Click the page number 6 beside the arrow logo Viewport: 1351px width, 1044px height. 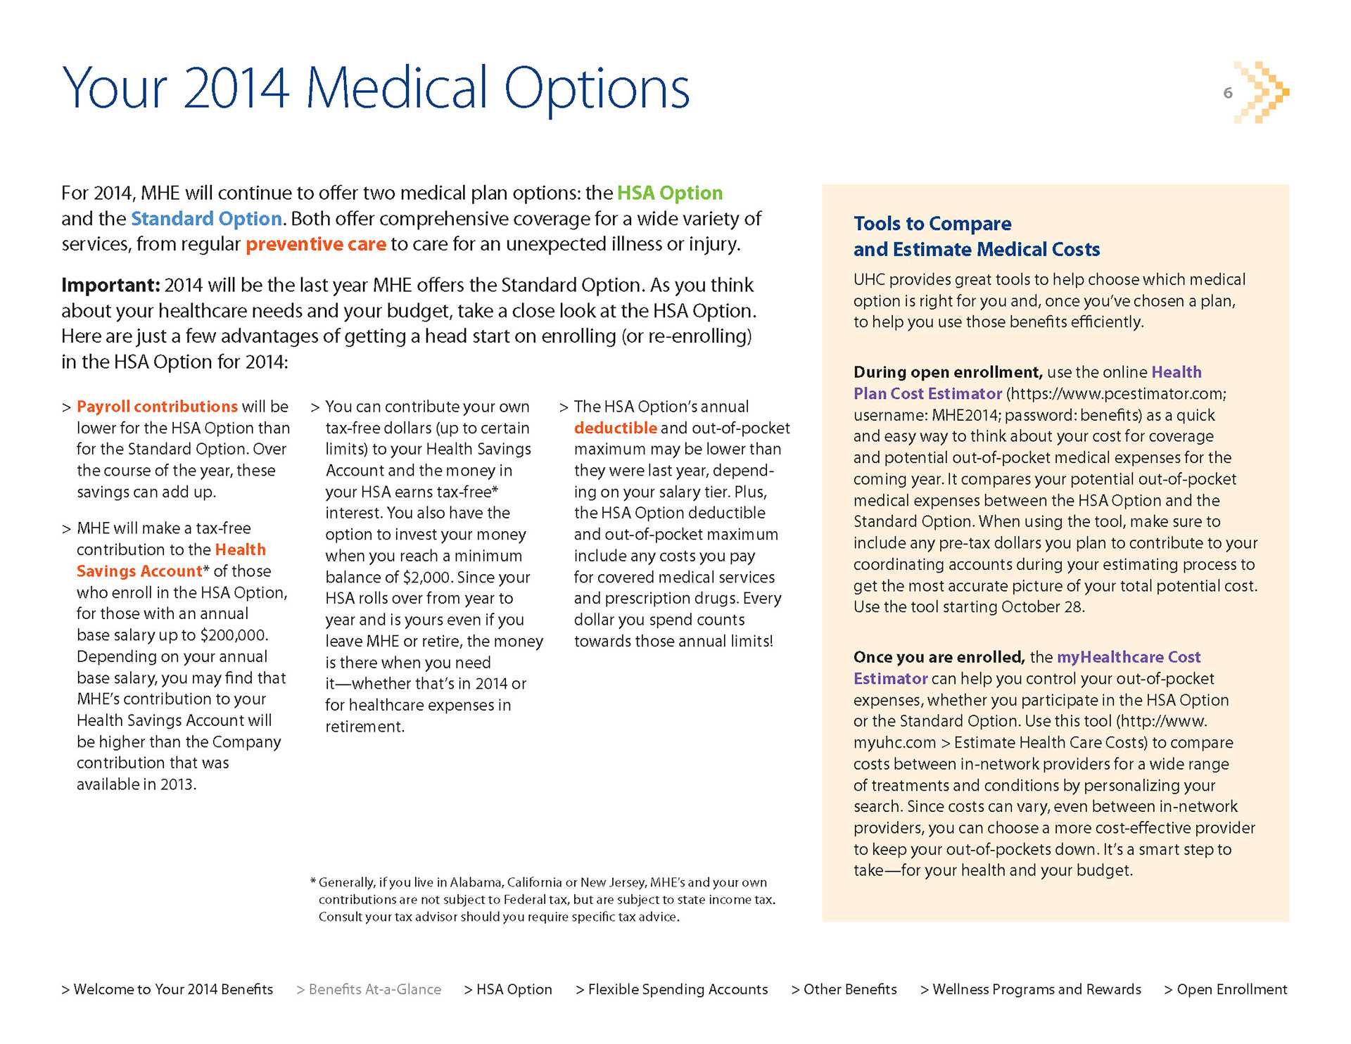[x=1228, y=93]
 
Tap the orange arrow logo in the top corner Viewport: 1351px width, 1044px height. [x=1262, y=92]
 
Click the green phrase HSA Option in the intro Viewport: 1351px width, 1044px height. [x=670, y=193]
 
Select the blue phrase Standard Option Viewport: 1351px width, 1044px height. [x=206, y=219]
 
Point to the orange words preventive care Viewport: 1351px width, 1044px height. [x=316, y=244]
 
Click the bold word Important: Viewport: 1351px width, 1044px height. [x=110, y=285]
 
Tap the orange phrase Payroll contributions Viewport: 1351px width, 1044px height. [x=157, y=407]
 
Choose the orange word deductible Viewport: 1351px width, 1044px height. [x=616, y=428]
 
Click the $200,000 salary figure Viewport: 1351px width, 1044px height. [x=234, y=635]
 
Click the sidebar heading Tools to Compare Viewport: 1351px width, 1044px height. [x=932, y=224]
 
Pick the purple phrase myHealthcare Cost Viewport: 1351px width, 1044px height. [x=1129, y=657]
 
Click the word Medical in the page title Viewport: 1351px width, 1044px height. [x=396, y=89]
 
